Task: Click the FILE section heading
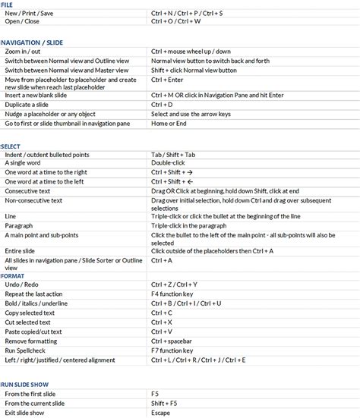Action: (x=7, y=5)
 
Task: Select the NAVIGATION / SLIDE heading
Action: (x=31, y=42)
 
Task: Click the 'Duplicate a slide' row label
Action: (x=31, y=104)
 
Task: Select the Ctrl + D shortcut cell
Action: (x=162, y=104)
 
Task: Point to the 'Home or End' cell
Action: (x=169, y=123)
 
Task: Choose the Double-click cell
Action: (x=168, y=162)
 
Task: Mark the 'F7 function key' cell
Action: (x=172, y=350)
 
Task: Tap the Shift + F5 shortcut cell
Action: (x=164, y=404)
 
